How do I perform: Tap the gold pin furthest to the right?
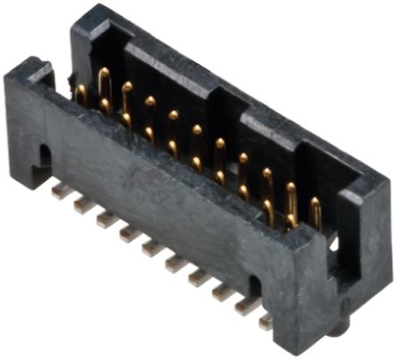pos(315,212)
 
